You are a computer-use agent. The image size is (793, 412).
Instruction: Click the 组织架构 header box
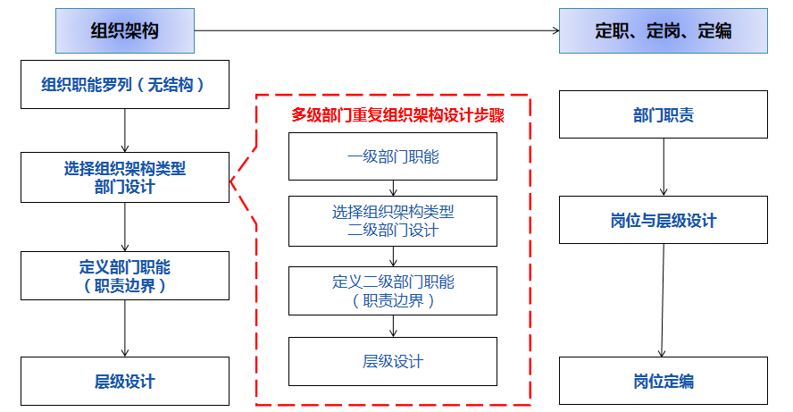pyautogui.click(x=124, y=31)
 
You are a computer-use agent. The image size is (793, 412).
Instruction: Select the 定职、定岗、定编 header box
pyautogui.click(x=663, y=31)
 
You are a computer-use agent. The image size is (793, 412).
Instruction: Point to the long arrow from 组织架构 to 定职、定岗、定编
pyautogui.click(x=375, y=31)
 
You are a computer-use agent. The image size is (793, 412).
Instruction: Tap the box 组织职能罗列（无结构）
pyautogui.click(x=124, y=85)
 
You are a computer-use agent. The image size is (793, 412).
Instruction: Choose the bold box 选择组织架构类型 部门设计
pyautogui.click(x=124, y=177)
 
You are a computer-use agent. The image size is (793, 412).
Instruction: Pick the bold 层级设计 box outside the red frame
pyautogui.click(x=124, y=382)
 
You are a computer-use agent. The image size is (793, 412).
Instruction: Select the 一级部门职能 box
pyautogui.click(x=392, y=157)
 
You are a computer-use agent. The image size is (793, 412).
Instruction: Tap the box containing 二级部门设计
pyautogui.click(x=392, y=221)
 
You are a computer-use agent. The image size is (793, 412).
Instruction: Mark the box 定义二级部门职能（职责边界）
pyautogui.click(x=392, y=290)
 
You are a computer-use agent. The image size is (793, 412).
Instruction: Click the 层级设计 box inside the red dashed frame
pyautogui.click(x=392, y=361)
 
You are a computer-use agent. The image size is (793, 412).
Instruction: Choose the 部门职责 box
pyautogui.click(x=663, y=115)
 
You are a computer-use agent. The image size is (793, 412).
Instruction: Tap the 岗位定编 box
pyautogui.click(x=663, y=382)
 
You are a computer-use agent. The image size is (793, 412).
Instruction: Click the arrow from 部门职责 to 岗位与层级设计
pyautogui.click(x=663, y=167)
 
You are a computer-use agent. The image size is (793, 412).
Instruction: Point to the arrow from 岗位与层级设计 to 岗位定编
pyautogui.click(x=663, y=300)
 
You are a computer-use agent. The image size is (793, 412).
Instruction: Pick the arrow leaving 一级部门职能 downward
pyautogui.click(x=392, y=188)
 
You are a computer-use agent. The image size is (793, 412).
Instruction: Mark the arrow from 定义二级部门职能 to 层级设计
pyautogui.click(x=392, y=326)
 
